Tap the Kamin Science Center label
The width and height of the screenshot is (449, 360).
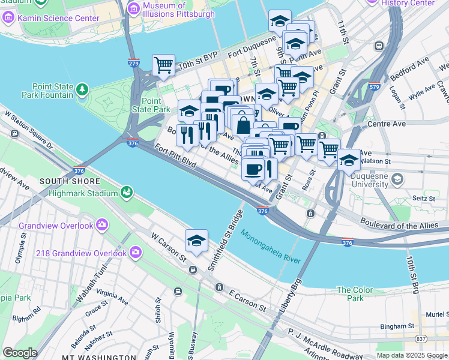(x=58, y=18)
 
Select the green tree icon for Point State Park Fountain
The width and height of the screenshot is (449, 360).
(x=82, y=90)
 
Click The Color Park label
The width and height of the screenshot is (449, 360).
(x=350, y=294)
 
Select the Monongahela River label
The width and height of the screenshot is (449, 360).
(x=270, y=247)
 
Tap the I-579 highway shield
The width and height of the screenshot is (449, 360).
(x=375, y=86)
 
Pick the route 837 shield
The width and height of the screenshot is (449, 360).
(x=422, y=339)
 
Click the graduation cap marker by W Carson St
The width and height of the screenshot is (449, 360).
(x=196, y=242)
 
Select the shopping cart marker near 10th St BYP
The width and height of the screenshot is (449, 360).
(x=163, y=65)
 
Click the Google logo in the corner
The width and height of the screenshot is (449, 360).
(x=20, y=353)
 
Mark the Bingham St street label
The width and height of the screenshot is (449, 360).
(x=394, y=326)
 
